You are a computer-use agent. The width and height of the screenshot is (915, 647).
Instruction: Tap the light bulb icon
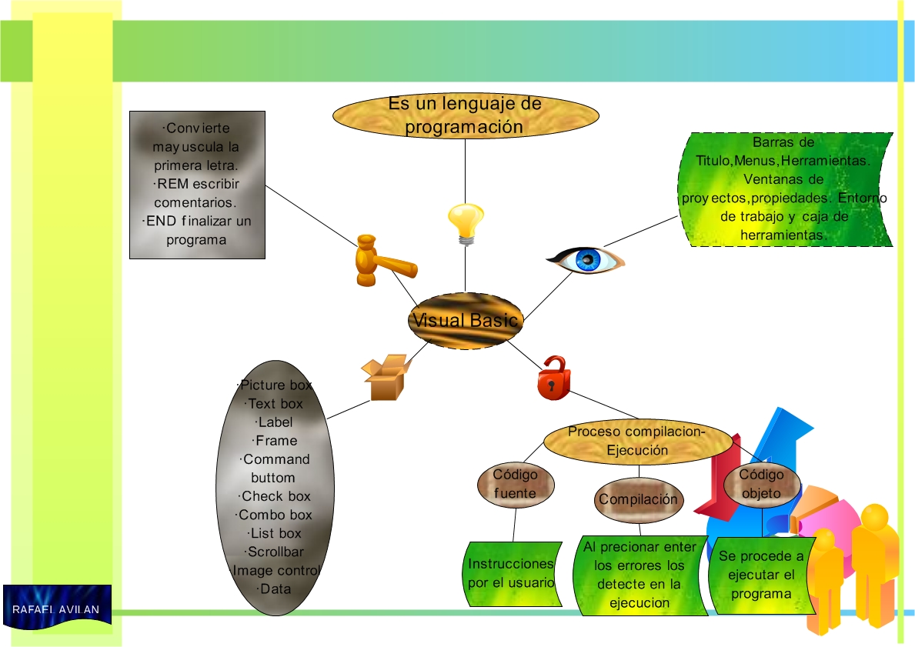[x=466, y=224]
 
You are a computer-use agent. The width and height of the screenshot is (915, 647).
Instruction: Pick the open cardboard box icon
[x=385, y=377]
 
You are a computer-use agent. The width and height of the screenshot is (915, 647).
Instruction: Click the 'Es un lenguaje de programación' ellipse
[x=465, y=116]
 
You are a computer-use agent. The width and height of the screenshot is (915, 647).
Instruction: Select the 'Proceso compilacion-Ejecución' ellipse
[x=637, y=442]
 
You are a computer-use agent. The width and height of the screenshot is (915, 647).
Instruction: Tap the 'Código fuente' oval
[x=515, y=484]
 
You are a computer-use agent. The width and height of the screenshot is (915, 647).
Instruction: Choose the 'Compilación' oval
[x=639, y=499]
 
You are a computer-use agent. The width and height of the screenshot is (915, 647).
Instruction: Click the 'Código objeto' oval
[x=761, y=484]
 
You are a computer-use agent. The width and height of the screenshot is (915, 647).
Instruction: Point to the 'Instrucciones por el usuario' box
[x=511, y=574]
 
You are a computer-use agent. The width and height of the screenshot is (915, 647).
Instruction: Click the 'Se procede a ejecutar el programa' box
[x=761, y=575]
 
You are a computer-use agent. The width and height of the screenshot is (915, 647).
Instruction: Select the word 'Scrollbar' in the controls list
[x=276, y=552]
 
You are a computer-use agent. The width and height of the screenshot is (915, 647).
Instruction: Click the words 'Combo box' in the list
[x=276, y=515]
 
